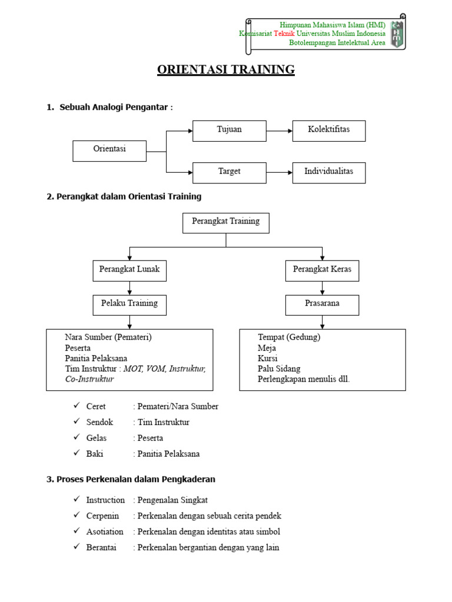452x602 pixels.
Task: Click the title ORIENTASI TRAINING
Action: coord(226,69)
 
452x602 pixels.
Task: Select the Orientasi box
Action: coord(109,150)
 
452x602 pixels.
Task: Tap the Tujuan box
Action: coord(229,131)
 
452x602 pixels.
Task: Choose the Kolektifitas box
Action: coord(328,131)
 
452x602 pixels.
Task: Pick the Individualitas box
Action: coord(328,172)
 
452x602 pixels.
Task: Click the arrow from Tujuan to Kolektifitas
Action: coord(279,131)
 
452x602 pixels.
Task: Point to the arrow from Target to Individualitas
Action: coord(279,172)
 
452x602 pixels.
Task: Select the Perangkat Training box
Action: coord(225,223)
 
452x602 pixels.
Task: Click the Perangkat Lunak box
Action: coord(129,270)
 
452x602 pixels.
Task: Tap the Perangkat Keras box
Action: coord(322,270)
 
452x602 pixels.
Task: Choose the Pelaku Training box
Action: coord(129,305)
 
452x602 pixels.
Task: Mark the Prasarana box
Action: coord(322,305)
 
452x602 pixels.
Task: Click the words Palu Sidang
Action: coord(279,369)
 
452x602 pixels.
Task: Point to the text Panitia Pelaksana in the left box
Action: coord(96,358)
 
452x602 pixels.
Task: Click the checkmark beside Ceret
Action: coord(76,406)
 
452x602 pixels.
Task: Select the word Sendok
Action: coord(99,422)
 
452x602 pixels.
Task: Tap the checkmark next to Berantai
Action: coord(76,547)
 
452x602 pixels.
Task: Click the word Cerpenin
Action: coord(102,516)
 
